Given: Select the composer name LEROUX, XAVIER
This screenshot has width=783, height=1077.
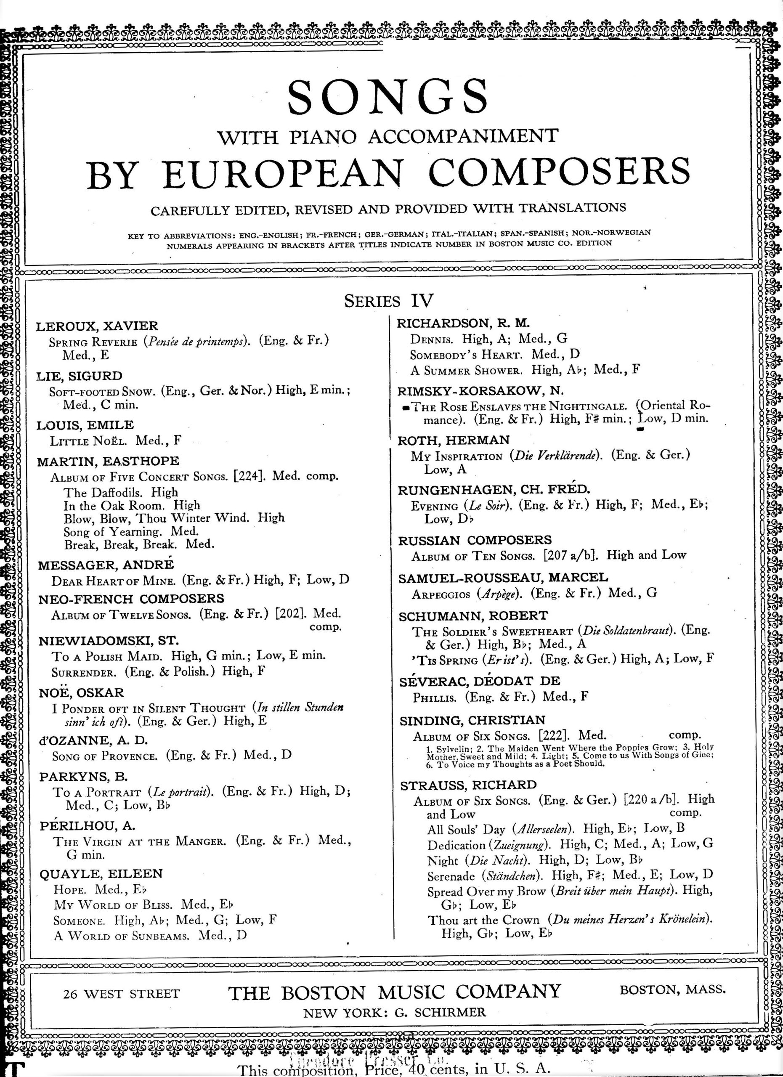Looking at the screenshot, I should tap(97, 326).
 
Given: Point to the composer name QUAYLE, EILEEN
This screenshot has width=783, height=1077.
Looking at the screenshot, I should tap(101, 874).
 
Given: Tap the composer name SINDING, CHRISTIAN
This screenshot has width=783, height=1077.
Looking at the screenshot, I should tap(472, 720).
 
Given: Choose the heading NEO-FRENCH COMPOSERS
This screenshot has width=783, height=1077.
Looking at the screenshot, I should tap(131, 598).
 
